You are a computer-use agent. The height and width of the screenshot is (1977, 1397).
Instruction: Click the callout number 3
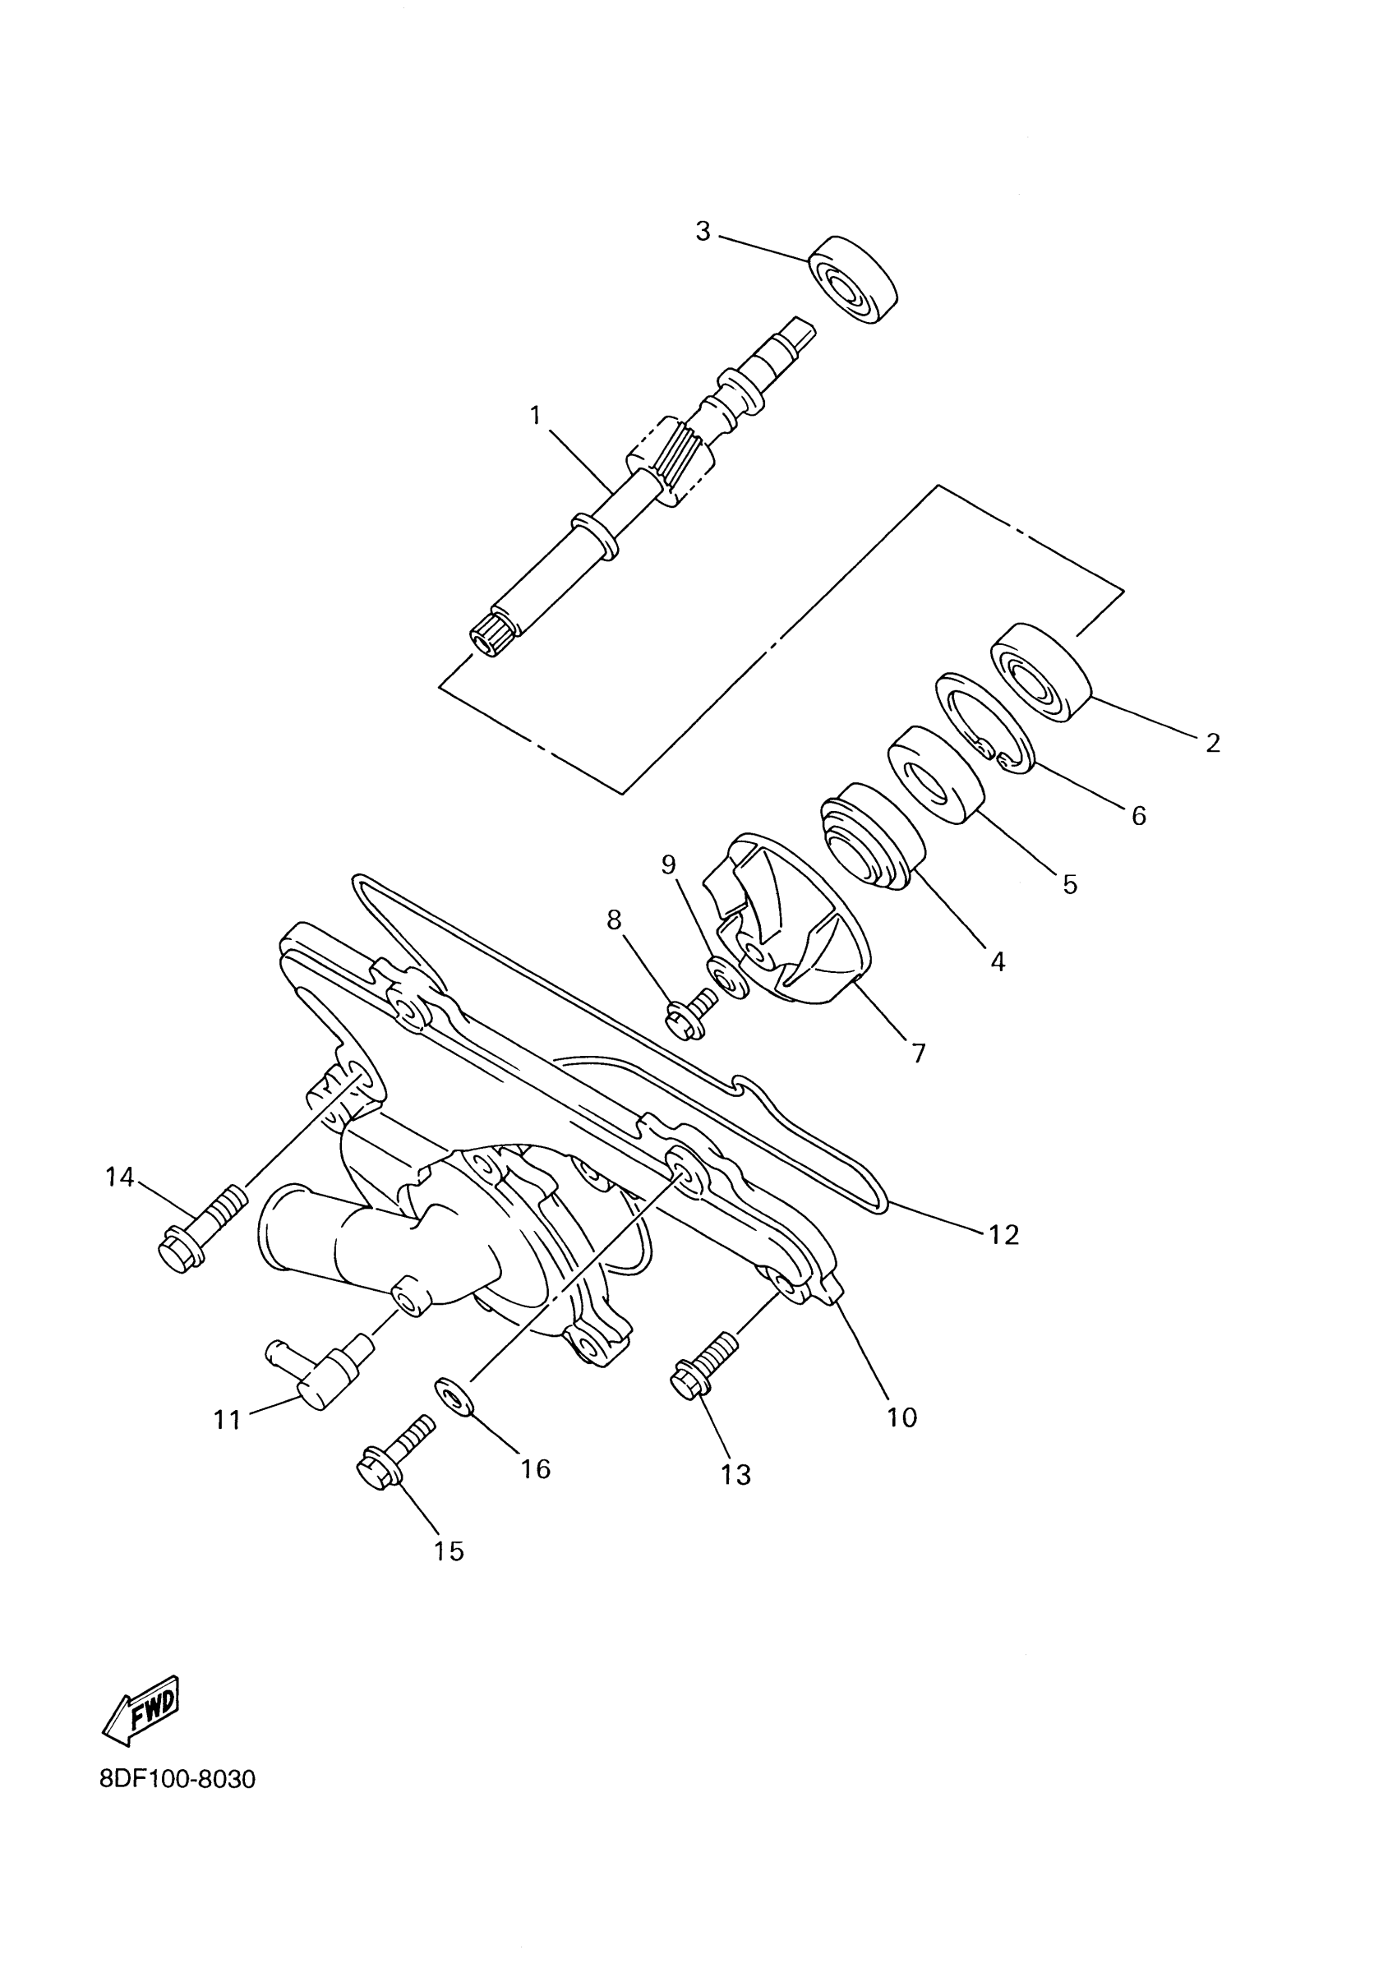703,231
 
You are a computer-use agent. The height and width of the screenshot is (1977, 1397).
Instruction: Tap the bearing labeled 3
852,279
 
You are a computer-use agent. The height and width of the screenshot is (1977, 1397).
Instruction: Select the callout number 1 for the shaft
536,416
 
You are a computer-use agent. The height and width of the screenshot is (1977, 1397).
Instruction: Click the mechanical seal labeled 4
873,835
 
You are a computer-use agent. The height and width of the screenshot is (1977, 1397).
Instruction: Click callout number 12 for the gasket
1004,1235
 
